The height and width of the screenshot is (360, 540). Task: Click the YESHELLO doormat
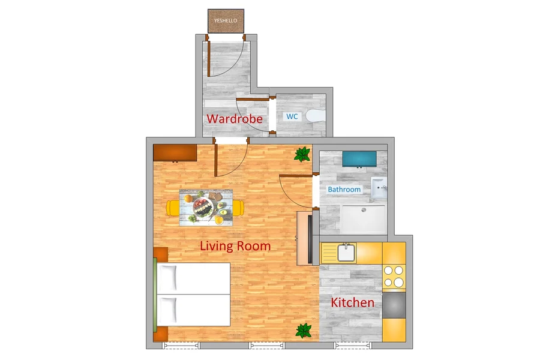click(x=226, y=21)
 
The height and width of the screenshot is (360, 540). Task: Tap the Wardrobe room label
click(x=235, y=119)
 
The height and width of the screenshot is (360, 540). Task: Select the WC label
click(x=292, y=116)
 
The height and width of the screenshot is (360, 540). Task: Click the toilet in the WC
click(x=315, y=116)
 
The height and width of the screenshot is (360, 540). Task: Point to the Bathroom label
click(x=344, y=189)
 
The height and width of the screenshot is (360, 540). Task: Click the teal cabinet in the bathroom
click(x=359, y=158)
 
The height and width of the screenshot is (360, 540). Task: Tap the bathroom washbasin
click(x=379, y=188)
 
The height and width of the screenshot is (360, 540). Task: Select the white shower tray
click(x=364, y=220)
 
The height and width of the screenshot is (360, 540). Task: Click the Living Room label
click(x=235, y=246)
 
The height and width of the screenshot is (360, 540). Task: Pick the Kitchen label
click(x=352, y=302)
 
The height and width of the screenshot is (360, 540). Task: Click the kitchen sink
click(x=346, y=253)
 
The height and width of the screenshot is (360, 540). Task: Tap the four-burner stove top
click(x=394, y=276)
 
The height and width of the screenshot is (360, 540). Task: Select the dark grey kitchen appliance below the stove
click(x=394, y=305)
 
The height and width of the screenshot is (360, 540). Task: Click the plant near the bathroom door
click(x=302, y=154)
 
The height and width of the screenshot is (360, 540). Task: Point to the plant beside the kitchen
click(x=304, y=331)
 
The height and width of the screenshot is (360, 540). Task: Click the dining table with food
click(x=206, y=208)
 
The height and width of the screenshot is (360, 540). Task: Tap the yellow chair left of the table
click(x=173, y=208)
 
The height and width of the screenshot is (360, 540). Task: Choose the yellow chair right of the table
click(x=238, y=208)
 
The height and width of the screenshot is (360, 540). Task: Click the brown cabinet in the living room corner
click(x=175, y=152)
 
